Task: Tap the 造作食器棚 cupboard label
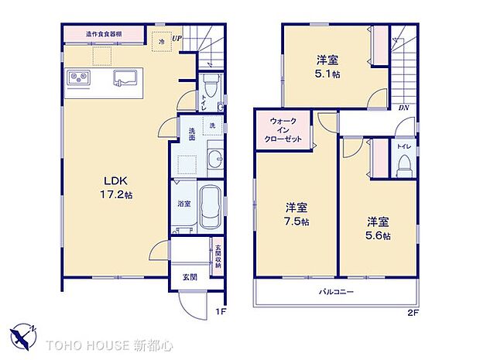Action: click(103, 34)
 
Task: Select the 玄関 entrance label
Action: click(189, 276)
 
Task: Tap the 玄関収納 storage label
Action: click(218, 255)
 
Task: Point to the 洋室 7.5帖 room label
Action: click(297, 214)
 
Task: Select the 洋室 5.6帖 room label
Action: click(379, 227)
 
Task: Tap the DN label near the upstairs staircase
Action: click(403, 108)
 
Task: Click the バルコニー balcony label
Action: click(338, 293)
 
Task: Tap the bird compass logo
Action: click(23, 335)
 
